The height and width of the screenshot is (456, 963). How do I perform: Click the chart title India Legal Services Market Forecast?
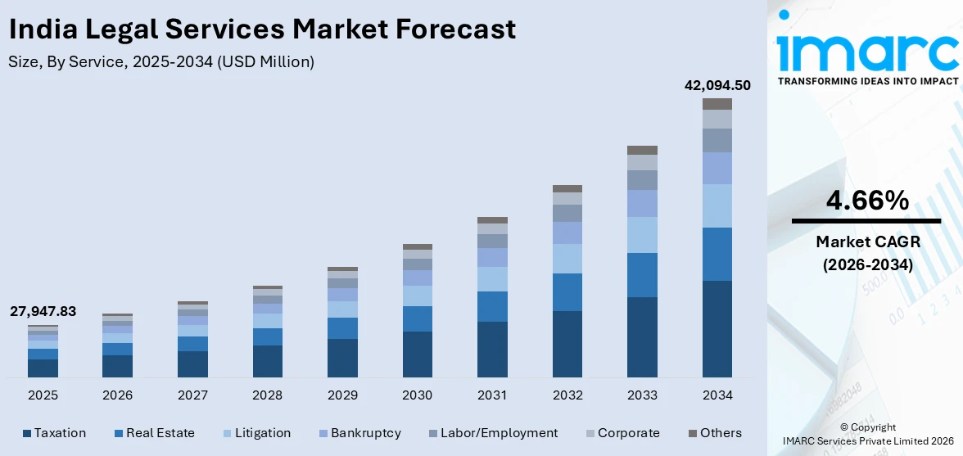[x=262, y=29]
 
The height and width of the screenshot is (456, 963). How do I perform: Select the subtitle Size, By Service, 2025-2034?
[x=161, y=61]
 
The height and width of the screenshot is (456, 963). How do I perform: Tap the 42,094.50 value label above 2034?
[x=717, y=85]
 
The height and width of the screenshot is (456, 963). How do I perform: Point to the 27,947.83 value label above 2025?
[x=43, y=312]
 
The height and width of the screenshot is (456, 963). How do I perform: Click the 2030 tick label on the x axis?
[x=417, y=395]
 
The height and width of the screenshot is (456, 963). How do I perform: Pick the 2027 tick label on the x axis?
[x=192, y=395]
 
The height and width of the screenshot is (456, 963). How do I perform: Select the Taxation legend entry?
[x=54, y=433]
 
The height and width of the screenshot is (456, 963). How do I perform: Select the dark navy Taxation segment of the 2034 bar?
[x=717, y=328]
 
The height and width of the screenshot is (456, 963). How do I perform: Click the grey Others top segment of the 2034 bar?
[x=717, y=104]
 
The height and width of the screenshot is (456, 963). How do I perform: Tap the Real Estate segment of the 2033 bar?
[x=642, y=275]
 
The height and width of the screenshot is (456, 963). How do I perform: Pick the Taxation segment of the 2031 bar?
[x=492, y=349]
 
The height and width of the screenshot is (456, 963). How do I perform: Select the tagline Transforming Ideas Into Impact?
[x=866, y=81]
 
